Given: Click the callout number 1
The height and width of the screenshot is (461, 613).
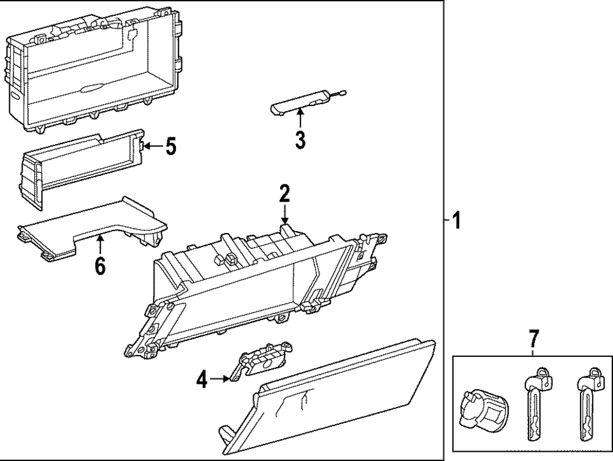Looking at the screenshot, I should pos(455,219).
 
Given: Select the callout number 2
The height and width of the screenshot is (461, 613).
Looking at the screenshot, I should pos(284,194).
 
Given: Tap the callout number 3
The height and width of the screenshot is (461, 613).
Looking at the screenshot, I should pos(300,140).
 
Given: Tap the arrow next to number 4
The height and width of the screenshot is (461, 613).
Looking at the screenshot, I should pos(221,380).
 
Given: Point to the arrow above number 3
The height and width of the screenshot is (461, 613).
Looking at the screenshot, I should pos(300,118).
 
